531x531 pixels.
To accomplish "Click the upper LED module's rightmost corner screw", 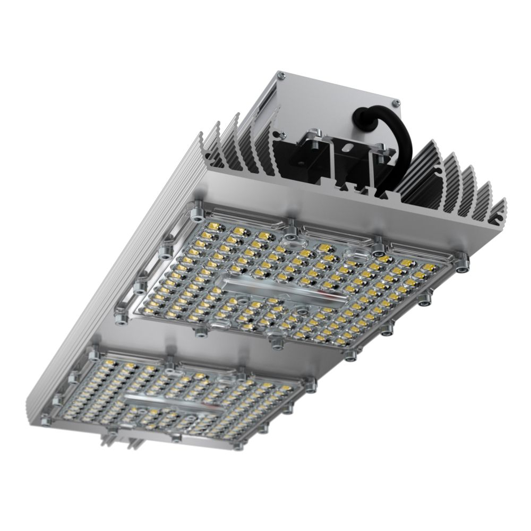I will [464, 263].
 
